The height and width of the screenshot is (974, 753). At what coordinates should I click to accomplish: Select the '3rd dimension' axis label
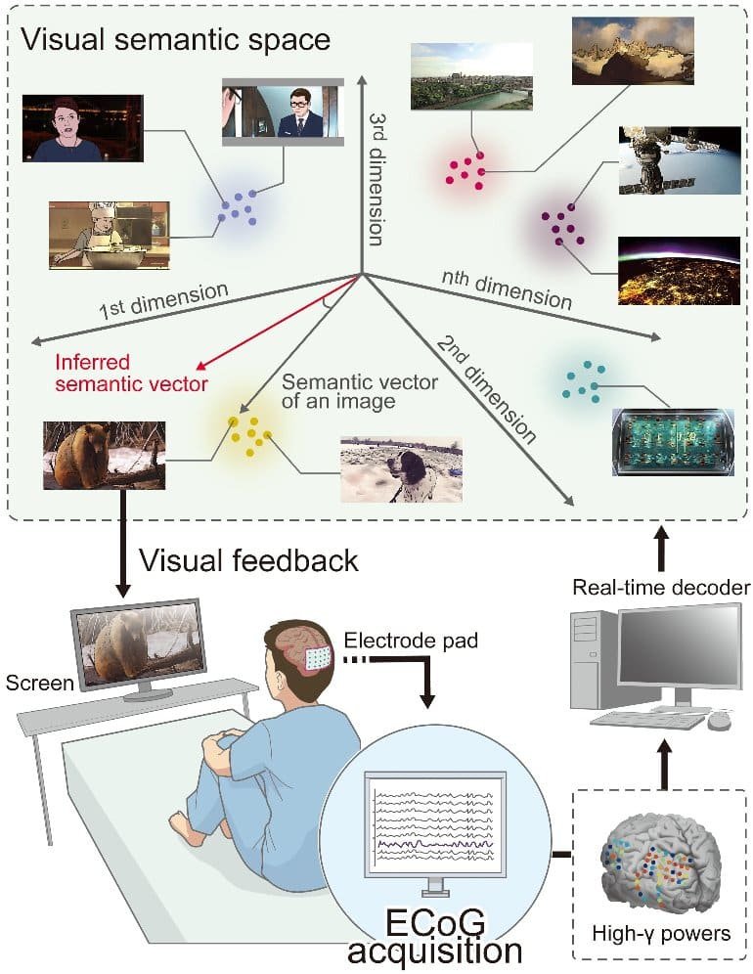point(380,176)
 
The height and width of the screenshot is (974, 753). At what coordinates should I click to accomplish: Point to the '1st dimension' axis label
point(163,303)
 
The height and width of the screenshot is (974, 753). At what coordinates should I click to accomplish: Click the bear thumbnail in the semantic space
point(104,455)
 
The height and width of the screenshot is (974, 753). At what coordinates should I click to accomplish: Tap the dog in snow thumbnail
point(399,469)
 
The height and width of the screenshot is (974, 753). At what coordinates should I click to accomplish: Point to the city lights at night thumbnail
point(678,269)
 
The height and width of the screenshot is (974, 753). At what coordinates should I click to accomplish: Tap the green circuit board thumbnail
point(672,441)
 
